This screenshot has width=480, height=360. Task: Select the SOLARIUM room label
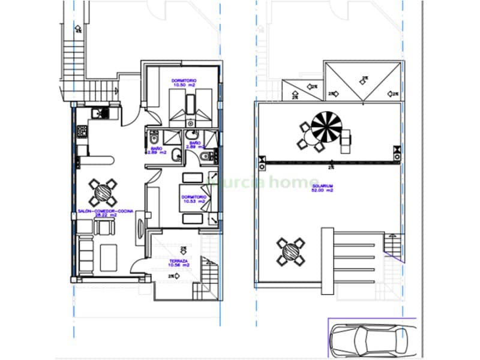click(322, 187)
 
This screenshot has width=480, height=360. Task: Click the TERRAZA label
click(179, 260)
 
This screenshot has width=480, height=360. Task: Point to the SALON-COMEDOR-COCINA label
click(106, 211)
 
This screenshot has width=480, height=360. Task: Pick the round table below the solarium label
click(290, 251)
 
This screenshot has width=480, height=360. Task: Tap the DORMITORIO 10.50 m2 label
click(185, 81)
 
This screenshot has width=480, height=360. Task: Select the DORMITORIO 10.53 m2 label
click(194, 196)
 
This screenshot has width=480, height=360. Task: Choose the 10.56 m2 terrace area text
click(179, 265)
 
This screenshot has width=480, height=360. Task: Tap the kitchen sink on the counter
click(96, 113)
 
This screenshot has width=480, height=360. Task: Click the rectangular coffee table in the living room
click(109, 257)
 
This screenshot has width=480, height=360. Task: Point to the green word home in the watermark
click(298, 181)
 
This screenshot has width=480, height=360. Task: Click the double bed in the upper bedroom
click(190, 106)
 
